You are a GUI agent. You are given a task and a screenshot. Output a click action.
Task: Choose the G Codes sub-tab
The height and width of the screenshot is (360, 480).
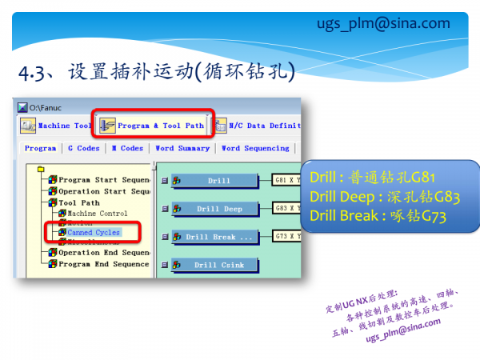click(83, 148)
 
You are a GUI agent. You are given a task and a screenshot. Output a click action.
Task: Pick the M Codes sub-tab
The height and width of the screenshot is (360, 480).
click(127, 148)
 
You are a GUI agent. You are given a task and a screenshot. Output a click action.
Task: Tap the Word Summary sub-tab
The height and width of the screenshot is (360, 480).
click(182, 148)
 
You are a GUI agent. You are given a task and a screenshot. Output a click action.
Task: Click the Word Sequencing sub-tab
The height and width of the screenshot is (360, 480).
click(255, 148)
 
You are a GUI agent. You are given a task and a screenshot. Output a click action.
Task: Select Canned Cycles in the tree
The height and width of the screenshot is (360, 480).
click(93, 233)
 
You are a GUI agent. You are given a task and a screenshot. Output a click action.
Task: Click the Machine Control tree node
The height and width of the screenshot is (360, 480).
click(97, 214)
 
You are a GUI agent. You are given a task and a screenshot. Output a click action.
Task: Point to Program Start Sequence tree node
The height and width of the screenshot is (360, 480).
click(103, 180)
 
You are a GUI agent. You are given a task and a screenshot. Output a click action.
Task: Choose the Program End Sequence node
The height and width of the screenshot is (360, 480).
click(103, 264)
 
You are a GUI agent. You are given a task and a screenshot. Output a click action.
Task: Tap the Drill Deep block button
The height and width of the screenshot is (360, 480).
click(218, 209)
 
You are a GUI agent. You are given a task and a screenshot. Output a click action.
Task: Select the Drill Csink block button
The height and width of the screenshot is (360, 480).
click(218, 265)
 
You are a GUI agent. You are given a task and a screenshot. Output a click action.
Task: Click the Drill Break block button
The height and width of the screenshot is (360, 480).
click(218, 237)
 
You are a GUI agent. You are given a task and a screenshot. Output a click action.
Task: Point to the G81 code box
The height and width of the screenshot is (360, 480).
click(287, 180)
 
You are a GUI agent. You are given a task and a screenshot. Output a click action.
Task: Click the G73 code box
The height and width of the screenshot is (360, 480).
click(287, 236)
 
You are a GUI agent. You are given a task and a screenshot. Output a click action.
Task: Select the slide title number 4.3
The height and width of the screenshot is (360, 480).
click(32, 74)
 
